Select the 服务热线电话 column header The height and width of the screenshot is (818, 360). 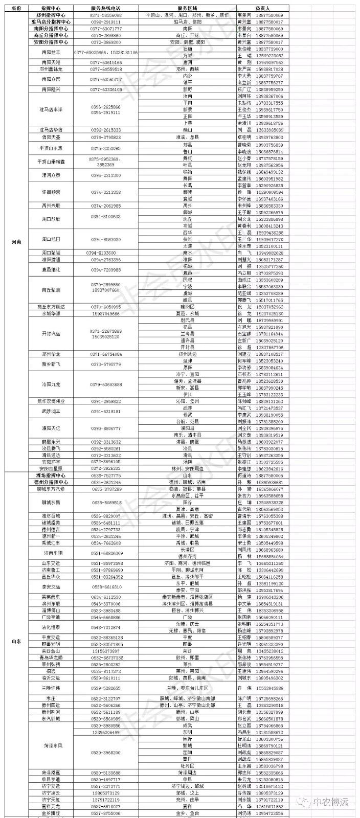click(105, 9)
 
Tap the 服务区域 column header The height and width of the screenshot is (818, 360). click(187, 9)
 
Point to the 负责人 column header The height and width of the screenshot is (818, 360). click(262, 9)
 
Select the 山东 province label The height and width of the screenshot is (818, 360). click(16, 641)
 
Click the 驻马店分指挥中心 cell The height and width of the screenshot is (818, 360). click(51, 22)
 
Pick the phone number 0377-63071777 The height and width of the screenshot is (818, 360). click(106, 29)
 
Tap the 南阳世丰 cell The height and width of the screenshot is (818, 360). click(51, 52)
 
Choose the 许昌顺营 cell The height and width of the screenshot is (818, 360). click(51, 192)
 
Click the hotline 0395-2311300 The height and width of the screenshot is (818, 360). click(106, 175)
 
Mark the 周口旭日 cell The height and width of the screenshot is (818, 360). click(51, 239)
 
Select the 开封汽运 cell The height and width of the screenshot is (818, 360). click(51, 333)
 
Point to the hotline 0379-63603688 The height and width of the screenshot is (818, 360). click(106, 384)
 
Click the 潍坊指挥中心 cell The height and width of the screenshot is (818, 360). click(51, 475)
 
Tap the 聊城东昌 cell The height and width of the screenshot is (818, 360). click(51, 503)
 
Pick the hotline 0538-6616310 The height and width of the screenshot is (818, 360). click(106, 587)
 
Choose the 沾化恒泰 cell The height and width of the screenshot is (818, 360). click(51, 627)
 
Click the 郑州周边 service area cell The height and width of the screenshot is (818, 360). click(187, 354)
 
